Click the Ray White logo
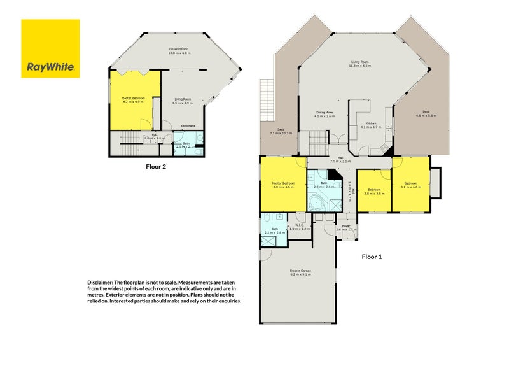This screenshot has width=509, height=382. pyautogui.click(x=50, y=48)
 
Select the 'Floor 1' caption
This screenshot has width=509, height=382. pyautogui.click(x=372, y=257)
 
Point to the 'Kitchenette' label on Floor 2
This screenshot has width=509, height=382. pyautogui.click(x=188, y=125)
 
